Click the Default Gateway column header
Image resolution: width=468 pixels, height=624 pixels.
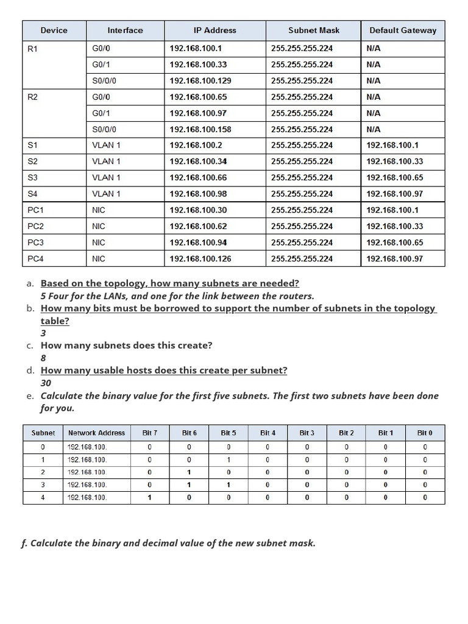click(x=403, y=30)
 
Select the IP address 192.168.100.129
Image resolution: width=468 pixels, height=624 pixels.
click(x=200, y=80)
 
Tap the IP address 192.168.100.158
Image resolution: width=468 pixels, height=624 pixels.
click(x=200, y=129)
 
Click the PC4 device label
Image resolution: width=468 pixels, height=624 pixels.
click(x=36, y=258)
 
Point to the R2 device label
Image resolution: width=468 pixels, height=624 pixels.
click(x=33, y=97)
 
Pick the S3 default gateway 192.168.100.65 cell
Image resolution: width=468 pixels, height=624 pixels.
click(x=394, y=178)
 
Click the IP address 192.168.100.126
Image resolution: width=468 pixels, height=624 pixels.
click(x=200, y=258)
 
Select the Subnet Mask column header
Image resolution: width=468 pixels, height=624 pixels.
click(x=314, y=30)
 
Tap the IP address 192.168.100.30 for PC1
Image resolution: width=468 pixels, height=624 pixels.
click(x=198, y=210)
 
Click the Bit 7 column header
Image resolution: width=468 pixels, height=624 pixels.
click(x=150, y=433)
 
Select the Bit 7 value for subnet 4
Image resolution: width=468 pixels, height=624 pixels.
click(x=150, y=498)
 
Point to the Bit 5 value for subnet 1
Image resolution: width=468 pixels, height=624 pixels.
click(x=229, y=459)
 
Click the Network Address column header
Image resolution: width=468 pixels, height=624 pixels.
click(x=96, y=433)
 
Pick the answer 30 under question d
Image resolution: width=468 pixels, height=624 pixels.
click(x=46, y=383)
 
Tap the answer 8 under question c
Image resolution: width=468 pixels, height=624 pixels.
click(x=43, y=358)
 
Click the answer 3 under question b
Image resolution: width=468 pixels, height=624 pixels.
click(x=43, y=333)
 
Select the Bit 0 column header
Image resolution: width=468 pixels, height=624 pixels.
click(x=425, y=433)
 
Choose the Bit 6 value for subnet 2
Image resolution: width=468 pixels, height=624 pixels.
click(x=189, y=472)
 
